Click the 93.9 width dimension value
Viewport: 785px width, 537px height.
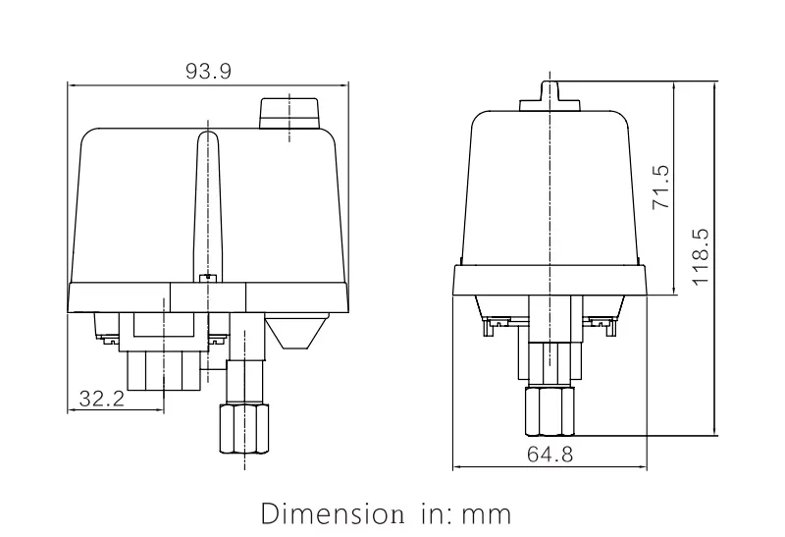(x=209, y=72)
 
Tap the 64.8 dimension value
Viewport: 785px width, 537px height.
(x=549, y=456)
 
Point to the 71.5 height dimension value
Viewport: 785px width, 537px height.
(x=660, y=187)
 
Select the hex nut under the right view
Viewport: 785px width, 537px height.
(x=549, y=410)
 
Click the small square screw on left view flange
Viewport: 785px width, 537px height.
(x=206, y=280)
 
